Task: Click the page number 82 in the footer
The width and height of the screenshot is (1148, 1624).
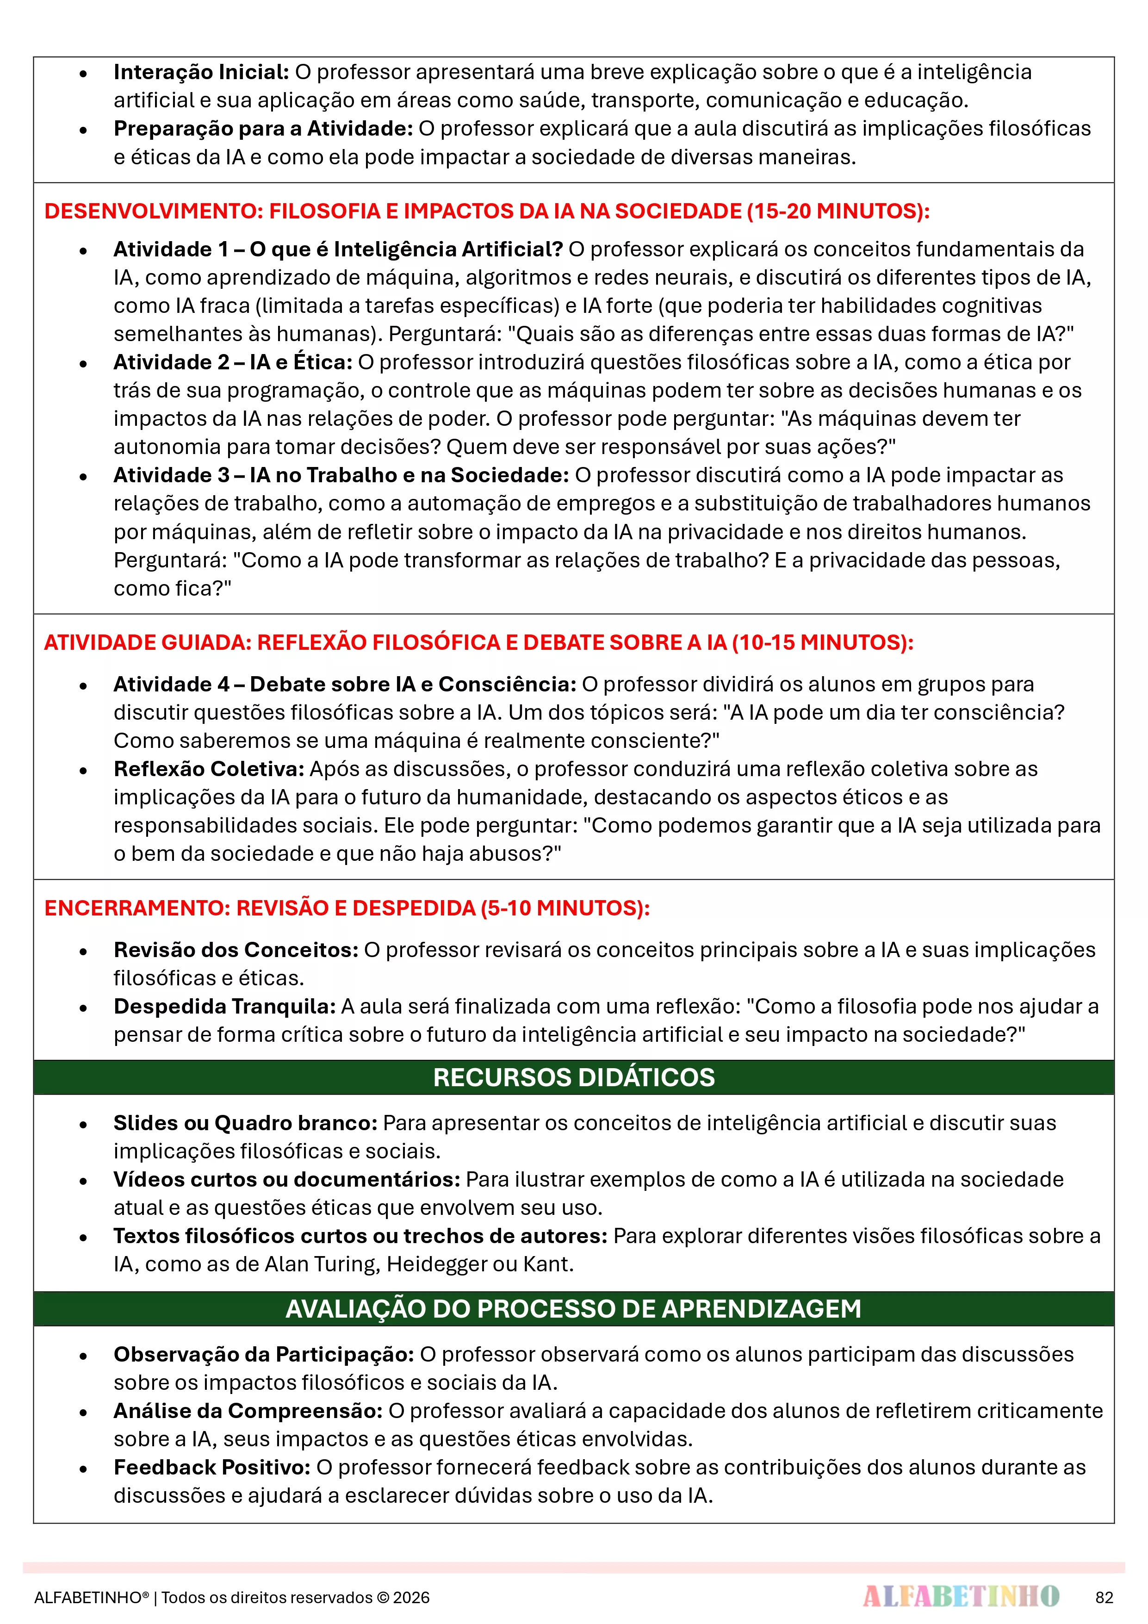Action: [1104, 1597]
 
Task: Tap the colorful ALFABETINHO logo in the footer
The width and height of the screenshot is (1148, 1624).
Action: [961, 1596]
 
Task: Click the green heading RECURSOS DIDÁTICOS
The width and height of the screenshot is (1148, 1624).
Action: [574, 1077]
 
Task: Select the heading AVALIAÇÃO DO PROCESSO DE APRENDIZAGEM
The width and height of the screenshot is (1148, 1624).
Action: [574, 1308]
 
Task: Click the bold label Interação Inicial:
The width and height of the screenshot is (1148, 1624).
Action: [201, 72]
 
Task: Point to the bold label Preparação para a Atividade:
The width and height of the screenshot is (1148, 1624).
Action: [263, 129]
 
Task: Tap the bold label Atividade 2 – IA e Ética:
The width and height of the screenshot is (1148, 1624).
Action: [233, 362]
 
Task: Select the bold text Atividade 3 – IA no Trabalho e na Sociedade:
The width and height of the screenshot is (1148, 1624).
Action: [341, 475]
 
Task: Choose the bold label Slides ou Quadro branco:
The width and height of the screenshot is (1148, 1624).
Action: [245, 1123]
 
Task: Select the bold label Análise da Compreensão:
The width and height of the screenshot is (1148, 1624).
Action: [248, 1411]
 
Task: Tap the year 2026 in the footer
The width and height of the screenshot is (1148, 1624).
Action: [412, 1598]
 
